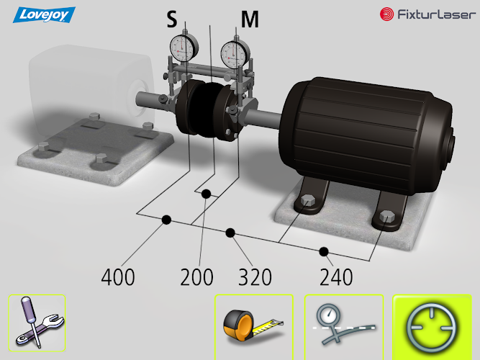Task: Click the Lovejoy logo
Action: tap(44, 14)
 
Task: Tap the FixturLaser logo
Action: tap(427, 14)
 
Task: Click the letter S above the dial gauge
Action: tap(172, 19)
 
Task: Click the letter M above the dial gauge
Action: tap(250, 19)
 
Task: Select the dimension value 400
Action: tap(118, 277)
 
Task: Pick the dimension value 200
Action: tap(197, 277)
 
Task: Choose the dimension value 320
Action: tap(255, 277)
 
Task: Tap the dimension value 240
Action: tap(336, 277)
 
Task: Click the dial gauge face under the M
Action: tap(235, 54)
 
